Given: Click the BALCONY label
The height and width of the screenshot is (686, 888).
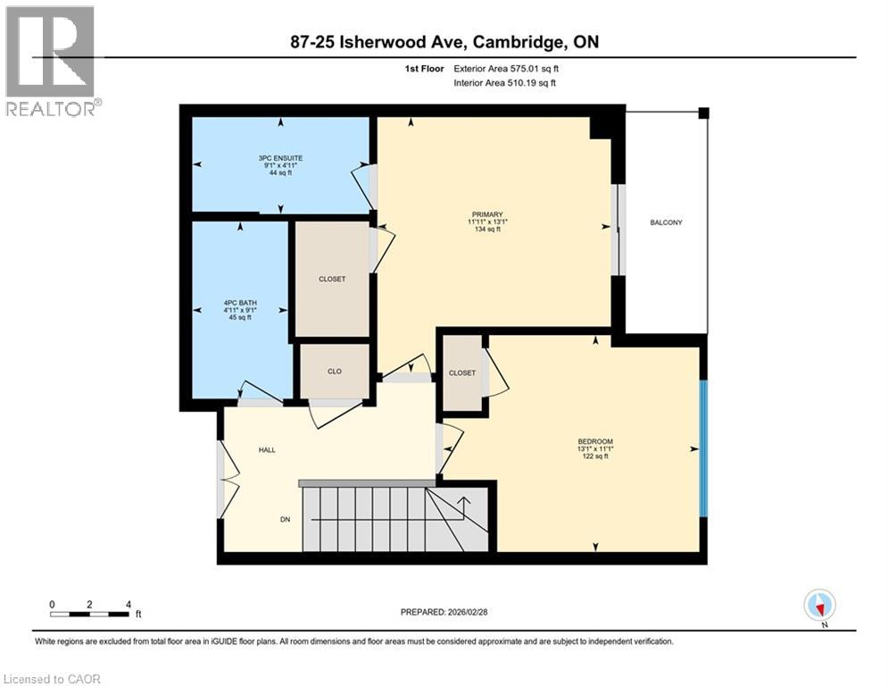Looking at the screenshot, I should [666, 222].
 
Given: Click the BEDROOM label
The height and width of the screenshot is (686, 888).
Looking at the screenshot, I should [594, 441].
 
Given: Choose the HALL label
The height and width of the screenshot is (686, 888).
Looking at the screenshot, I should [267, 450].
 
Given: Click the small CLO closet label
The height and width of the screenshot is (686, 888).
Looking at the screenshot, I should [334, 372].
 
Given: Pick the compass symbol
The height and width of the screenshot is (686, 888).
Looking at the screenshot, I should [818, 605].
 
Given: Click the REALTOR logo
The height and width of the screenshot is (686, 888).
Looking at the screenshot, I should [50, 61].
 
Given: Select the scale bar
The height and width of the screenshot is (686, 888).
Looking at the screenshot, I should [90, 614].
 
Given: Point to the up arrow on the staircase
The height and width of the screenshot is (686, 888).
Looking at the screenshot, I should [463, 503].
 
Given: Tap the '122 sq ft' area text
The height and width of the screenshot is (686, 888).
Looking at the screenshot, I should [594, 456].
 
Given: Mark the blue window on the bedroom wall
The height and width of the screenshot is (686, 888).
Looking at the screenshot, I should [703, 448].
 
